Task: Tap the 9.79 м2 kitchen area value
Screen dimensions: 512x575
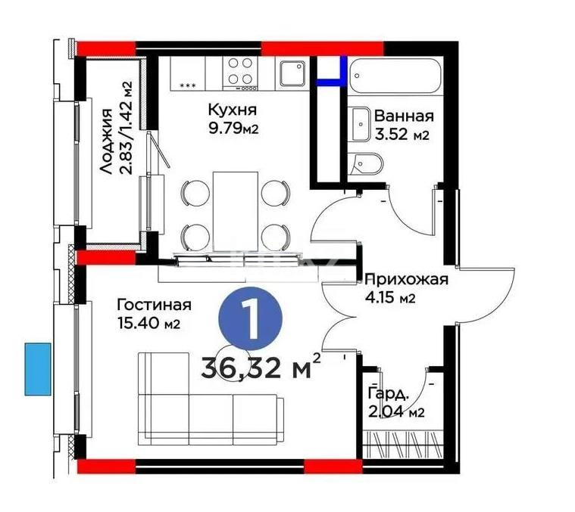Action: (x=233, y=128)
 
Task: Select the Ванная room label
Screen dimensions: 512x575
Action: (x=404, y=116)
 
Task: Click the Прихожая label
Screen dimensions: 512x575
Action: (x=406, y=279)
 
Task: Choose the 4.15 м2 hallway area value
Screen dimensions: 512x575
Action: (x=390, y=299)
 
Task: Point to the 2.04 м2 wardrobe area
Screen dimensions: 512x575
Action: (x=395, y=412)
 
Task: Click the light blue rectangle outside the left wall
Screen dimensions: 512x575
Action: (x=37, y=368)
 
